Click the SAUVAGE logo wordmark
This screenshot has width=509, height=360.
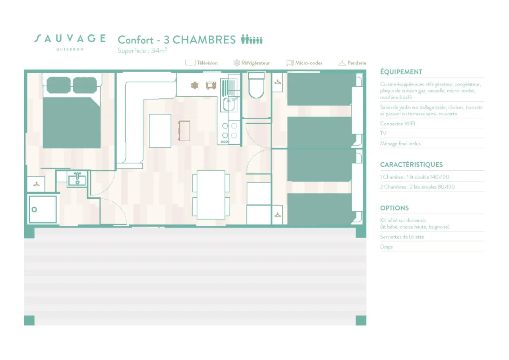click(x=70, y=39)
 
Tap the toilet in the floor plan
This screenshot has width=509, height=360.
click(x=256, y=85)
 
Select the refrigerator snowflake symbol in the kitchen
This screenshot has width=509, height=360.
click(x=194, y=86)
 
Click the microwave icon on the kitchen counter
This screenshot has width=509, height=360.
click(x=211, y=86)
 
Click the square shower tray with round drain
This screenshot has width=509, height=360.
click(x=43, y=209)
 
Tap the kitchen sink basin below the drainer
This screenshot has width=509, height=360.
click(x=229, y=104)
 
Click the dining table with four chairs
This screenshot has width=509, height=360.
click(x=211, y=195)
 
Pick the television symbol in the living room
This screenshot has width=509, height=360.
click(x=184, y=131)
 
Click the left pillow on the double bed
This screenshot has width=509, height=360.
click(x=58, y=85)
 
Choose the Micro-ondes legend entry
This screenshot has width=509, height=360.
click(x=304, y=63)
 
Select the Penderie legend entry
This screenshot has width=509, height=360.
click(x=352, y=63)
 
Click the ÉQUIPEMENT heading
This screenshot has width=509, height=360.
click(x=401, y=72)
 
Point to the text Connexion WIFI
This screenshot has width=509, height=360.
click(x=397, y=124)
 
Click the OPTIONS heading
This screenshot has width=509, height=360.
click(x=394, y=208)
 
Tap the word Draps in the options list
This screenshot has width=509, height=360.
click(x=386, y=247)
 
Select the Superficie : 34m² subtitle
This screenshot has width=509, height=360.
click(x=142, y=51)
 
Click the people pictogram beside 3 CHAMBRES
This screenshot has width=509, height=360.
click(x=252, y=39)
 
